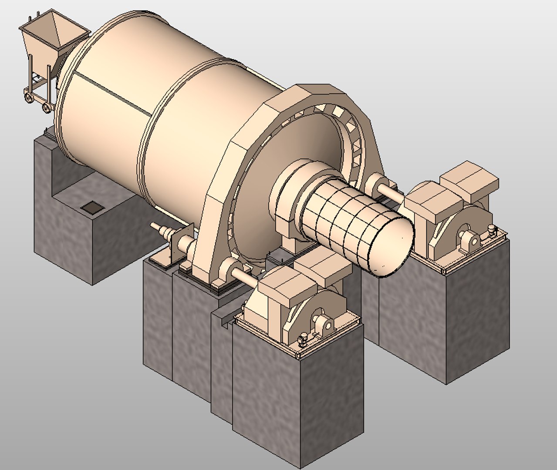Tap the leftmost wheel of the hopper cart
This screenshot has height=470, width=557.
29,97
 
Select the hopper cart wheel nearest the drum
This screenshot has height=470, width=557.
46,106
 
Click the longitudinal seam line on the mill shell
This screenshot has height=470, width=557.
109,93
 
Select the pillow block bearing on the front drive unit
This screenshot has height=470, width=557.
324,324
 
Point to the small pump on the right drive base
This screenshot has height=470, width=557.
492,231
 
